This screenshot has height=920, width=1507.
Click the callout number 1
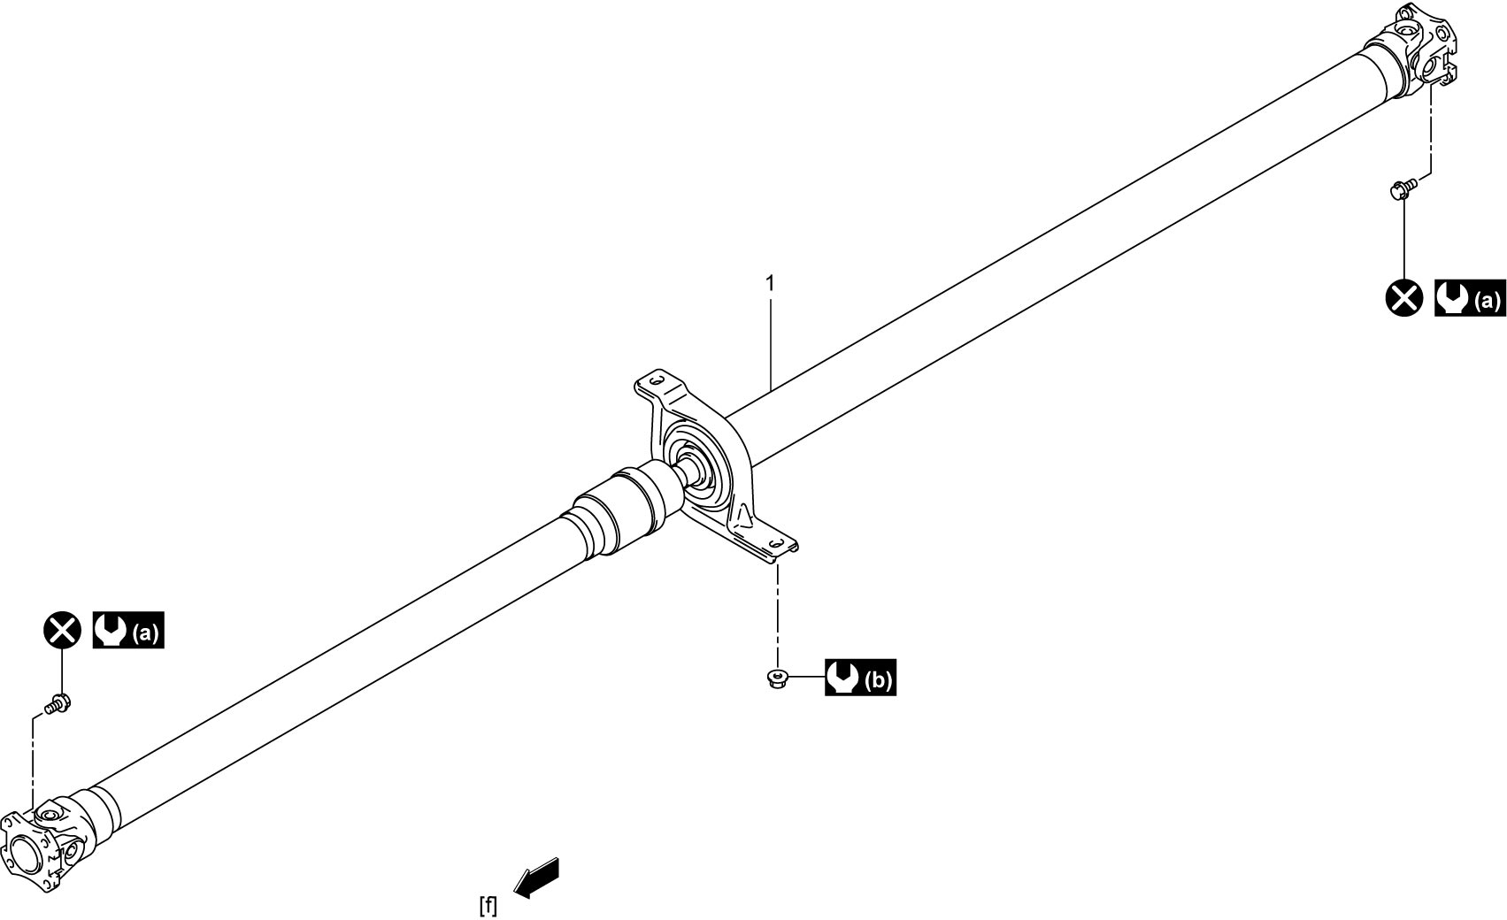(x=771, y=283)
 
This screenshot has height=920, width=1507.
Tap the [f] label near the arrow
(x=488, y=905)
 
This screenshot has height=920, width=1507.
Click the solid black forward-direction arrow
(x=536, y=878)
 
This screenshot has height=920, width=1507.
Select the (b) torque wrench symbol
(x=860, y=678)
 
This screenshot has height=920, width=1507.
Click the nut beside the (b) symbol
(x=778, y=678)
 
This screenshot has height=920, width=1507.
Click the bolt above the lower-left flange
(x=58, y=704)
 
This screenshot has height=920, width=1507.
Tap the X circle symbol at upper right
(x=1404, y=297)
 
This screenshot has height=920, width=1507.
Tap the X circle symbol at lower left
(x=63, y=631)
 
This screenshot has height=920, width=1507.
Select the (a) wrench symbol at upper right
(x=1470, y=298)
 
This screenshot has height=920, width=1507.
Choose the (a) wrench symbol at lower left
(x=128, y=630)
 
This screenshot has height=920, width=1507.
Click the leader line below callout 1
(x=771, y=343)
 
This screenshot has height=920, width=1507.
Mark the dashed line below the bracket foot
(x=778, y=616)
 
